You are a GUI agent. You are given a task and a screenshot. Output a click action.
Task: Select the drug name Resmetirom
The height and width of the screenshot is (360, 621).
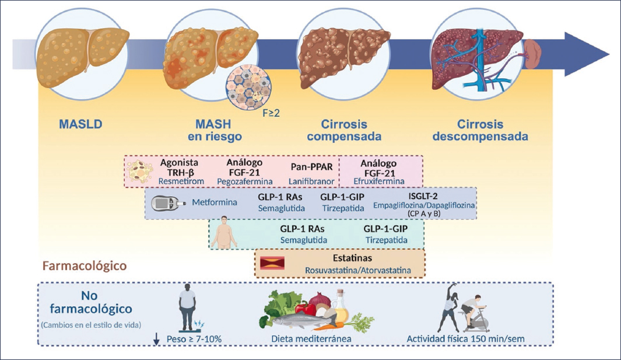173,181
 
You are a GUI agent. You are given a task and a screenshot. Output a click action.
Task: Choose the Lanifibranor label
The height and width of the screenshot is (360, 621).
311,181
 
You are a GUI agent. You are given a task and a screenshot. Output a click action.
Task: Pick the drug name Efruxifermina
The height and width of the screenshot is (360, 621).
378,181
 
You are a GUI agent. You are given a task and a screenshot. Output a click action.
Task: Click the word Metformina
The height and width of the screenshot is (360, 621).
214,203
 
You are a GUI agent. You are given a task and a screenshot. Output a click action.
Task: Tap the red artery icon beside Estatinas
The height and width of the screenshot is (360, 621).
271,264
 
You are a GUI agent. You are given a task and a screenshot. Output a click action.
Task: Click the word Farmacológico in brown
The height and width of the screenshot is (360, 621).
85,266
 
